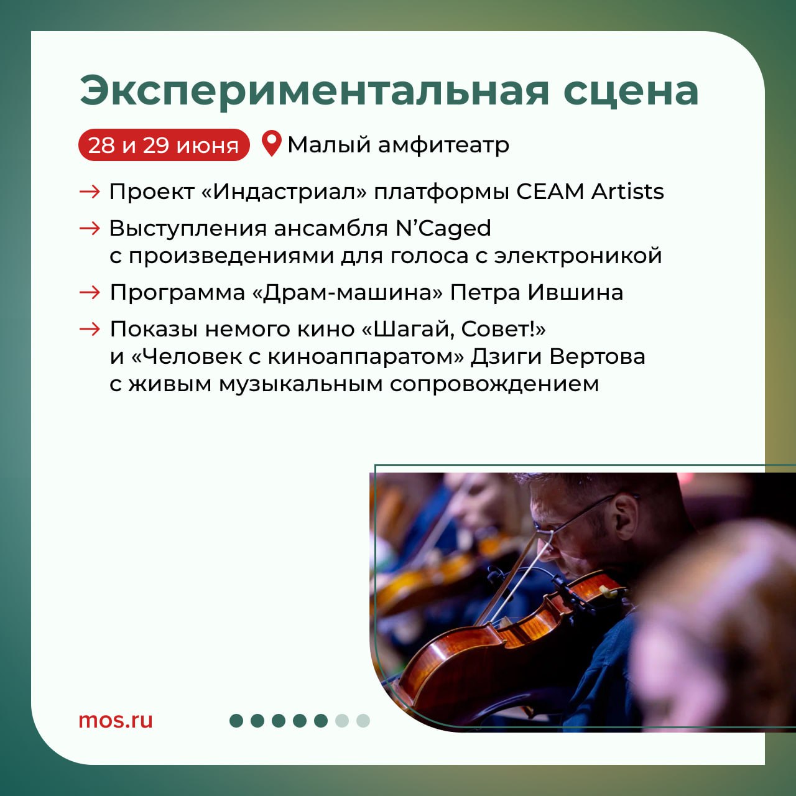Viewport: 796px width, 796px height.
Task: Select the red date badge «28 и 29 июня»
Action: [164, 145]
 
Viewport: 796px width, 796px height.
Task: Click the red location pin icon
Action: [272, 144]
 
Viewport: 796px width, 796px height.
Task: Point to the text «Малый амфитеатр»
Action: [398, 146]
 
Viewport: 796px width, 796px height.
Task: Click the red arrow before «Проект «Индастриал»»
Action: [90, 192]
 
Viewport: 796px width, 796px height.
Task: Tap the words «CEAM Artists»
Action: [590, 192]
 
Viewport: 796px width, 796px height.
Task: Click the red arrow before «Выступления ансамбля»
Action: [90, 228]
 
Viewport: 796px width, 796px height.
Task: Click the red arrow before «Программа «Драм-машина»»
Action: [90, 293]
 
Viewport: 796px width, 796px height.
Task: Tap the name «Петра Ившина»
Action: [536, 293]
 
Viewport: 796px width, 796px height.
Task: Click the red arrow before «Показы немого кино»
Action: [90, 329]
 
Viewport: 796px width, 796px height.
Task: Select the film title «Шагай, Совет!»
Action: [454, 330]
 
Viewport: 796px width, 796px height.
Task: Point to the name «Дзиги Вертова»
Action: [558, 357]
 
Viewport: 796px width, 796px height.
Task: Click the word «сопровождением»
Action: [494, 384]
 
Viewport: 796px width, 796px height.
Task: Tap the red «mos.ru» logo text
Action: [116, 720]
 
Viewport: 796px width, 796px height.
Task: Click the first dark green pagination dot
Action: [236, 721]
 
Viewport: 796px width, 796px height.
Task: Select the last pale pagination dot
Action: [363, 721]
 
